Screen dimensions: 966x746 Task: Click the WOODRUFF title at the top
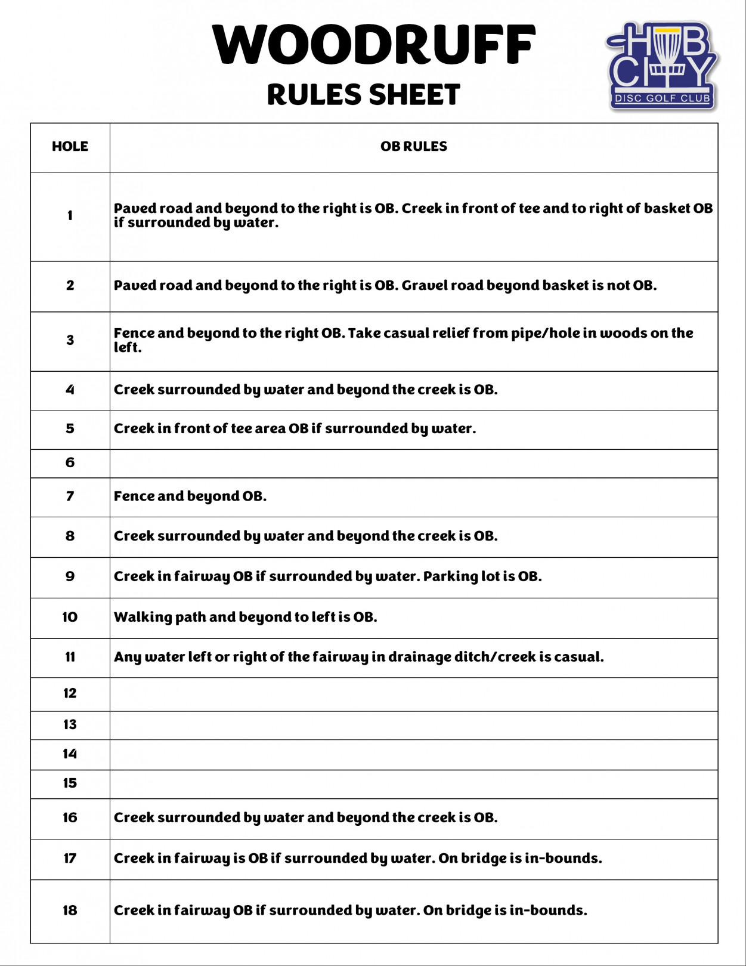coord(373,44)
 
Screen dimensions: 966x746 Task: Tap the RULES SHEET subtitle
coord(363,95)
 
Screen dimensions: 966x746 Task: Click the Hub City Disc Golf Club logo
coord(662,66)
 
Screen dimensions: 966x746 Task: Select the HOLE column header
coord(70,147)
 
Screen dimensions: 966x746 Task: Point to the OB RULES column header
coord(413,147)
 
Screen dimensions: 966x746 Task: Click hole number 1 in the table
coord(70,215)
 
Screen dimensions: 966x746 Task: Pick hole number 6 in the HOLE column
coord(70,462)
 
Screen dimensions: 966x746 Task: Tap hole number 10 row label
coord(70,617)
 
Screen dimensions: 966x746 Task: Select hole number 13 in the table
coord(70,724)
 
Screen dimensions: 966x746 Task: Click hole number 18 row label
coord(70,910)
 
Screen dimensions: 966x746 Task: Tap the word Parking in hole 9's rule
coord(446,577)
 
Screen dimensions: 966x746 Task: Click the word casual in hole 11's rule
coord(578,657)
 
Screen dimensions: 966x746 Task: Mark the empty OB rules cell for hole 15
coord(413,784)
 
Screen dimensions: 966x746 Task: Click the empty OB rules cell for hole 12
coord(413,694)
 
